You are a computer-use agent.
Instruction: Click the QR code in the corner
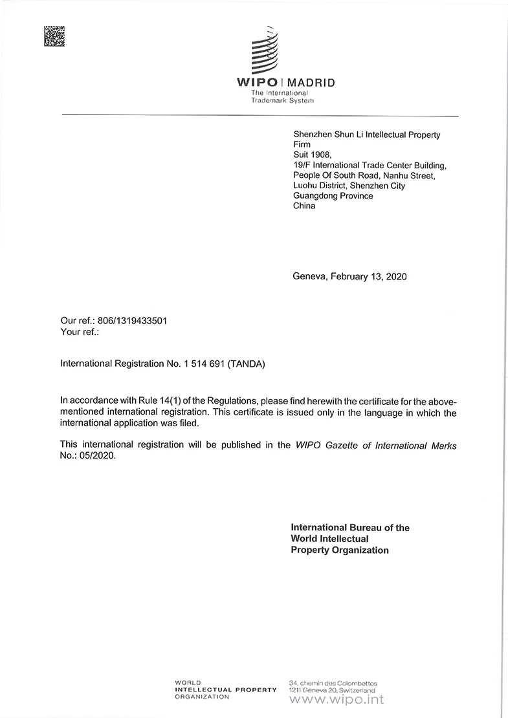pos(54,36)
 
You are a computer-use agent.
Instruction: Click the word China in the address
pos(304,206)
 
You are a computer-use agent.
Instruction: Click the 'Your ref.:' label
pos(80,332)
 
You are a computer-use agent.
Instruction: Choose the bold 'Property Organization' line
pos(340,550)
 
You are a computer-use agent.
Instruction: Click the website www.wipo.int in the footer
pos(336,700)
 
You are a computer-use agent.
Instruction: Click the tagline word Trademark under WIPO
pos(270,100)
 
